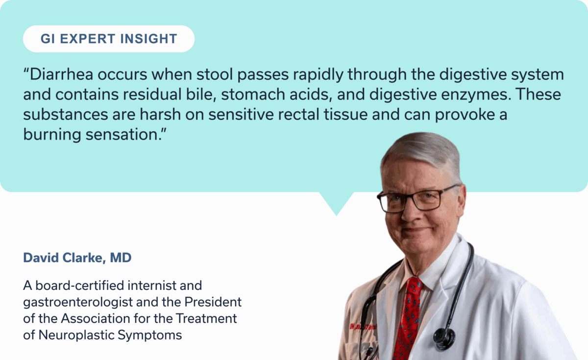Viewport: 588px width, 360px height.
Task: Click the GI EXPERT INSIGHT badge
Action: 108,39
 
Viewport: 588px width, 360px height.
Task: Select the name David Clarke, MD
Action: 77,258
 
